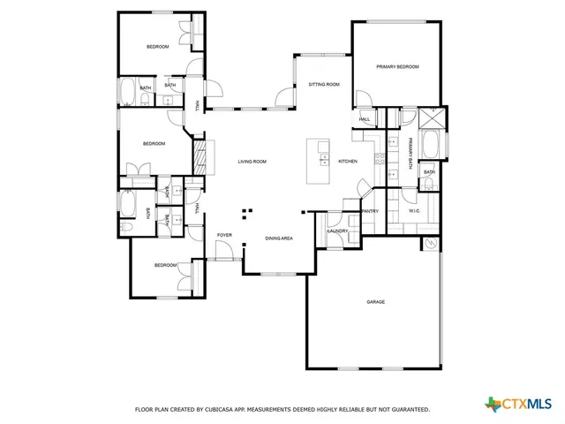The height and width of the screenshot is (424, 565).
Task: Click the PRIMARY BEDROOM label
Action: pyautogui.click(x=396, y=67)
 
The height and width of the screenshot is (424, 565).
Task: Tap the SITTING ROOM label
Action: pyautogui.click(x=324, y=85)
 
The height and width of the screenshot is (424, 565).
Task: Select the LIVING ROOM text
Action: pyautogui.click(x=252, y=162)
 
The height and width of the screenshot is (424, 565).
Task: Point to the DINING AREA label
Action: pyautogui.click(x=280, y=238)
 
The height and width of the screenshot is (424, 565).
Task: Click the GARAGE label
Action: pyautogui.click(x=376, y=302)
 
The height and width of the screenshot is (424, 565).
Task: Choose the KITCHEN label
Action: pyautogui.click(x=347, y=162)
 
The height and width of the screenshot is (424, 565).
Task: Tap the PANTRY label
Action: pyautogui.click(x=370, y=211)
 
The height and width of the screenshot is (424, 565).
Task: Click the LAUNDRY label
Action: pyautogui.click(x=338, y=231)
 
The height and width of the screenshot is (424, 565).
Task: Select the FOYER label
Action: pyautogui.click(x=224, y=235)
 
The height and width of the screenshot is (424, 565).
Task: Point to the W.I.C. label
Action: pyautogui.click(x=415, y=211)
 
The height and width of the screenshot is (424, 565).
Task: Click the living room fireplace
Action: pyautogui.click(x=200, y=157)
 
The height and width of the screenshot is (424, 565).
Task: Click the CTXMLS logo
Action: pyautogui.click(x=522, y=405)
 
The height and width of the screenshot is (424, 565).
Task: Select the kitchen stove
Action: pyautogui.click(x=380, y=159)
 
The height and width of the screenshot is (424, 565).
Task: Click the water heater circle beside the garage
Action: pyautogui.click(x=430, y=243)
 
